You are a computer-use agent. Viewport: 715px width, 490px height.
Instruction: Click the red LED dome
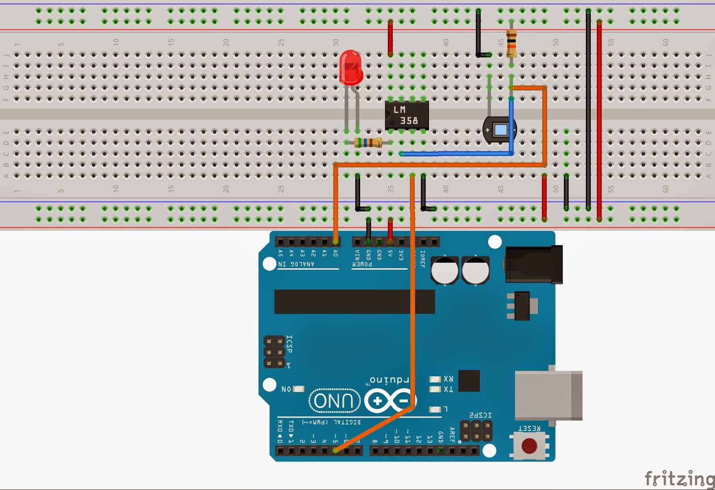point(351,67)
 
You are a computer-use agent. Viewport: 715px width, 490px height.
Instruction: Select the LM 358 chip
point(407,115)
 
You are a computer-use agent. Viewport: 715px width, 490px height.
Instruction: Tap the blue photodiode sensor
point(500,130)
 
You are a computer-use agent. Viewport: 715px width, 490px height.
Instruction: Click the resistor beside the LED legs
point(368,143)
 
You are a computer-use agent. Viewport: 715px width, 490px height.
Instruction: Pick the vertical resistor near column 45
point(512,43)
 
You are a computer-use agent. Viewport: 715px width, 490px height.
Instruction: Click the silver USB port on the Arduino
point(548,395)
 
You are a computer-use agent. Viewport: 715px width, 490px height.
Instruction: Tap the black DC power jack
point(534,264)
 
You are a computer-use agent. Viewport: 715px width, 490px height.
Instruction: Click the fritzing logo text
point(679,478)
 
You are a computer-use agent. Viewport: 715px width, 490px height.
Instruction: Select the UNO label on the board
point(335,401)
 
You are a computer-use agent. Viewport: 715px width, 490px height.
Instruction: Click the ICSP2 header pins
point(476,431)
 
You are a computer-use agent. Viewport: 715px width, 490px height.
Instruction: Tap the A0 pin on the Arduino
point(335,242)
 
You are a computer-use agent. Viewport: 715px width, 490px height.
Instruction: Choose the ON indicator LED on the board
point(299,389)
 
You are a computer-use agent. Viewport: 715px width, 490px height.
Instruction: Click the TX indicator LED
point(435,389)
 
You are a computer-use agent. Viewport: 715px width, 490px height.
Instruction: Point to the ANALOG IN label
point(296,264)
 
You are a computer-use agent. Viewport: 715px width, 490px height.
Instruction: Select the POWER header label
point(362,264)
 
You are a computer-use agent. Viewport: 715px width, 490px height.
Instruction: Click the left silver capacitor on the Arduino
point(445,270)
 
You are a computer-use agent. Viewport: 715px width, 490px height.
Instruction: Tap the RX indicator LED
point(435,379)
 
